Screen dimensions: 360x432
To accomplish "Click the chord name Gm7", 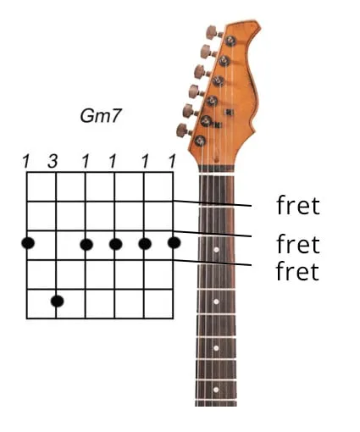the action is (x=101, y=116).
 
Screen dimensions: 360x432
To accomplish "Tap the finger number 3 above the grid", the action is (x=53, y=162).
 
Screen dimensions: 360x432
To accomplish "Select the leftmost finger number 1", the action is (x=26, y=162).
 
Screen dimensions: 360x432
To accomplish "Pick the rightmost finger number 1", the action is (x=172, y=162).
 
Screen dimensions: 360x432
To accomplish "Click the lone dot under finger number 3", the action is (x=58, y=302).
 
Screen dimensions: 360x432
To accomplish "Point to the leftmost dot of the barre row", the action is (x=28, y=243).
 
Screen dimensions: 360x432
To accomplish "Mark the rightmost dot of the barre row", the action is (x=174, y=243).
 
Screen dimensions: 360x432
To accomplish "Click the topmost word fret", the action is (x=298, y=205).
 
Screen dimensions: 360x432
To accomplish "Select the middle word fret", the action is (x=298, y=244).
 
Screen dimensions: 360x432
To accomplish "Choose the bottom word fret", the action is (x=297, y=270).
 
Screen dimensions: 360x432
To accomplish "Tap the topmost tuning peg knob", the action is (x=211, y=32).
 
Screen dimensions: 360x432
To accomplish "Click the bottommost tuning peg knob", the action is (x=182, y=130).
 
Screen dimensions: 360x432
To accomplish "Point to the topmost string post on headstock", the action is (x=231, y=41).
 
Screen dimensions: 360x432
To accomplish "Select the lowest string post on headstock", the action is (x=200, y=141).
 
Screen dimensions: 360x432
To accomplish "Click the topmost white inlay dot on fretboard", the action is (x=217, y=250).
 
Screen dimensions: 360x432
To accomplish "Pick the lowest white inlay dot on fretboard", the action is (x=216, y=390).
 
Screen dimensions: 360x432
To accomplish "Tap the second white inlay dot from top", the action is (x=216, y=302).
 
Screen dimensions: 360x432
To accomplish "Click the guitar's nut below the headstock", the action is (x=217, y=169).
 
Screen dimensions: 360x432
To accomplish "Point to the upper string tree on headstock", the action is (x=229, y=112).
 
